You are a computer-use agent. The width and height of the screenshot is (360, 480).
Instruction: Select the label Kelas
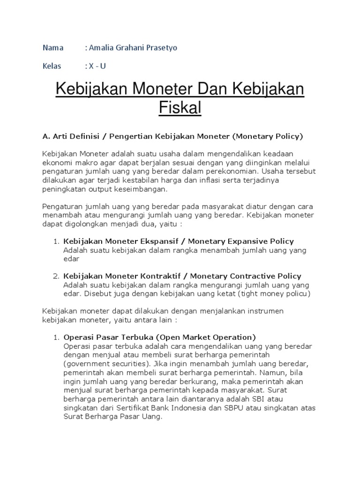click(x=52, y=66)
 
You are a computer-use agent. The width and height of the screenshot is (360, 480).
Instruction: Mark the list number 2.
click(x=55, y=276)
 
